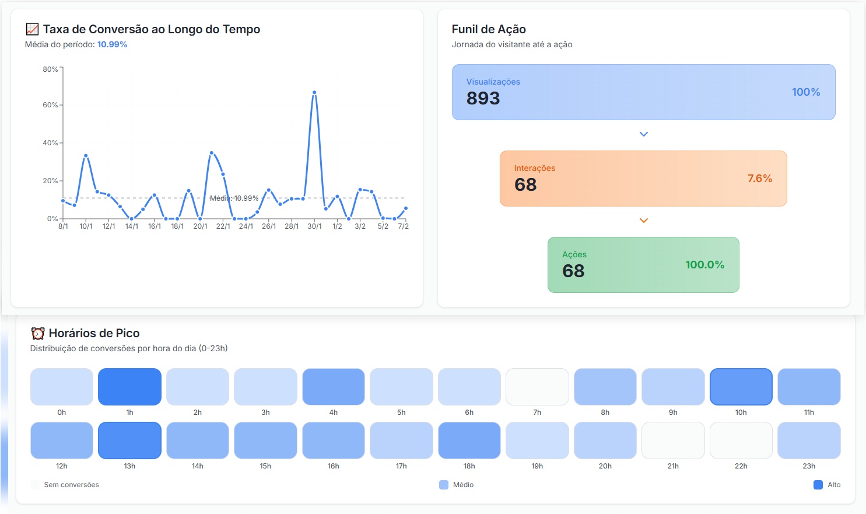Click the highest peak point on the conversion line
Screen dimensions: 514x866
pyautogui.click(x=314, y=92)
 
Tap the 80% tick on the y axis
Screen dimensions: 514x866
pyautogui.click(x=51, y=69)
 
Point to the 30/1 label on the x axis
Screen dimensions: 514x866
pyautogui.click(x=314, y=226)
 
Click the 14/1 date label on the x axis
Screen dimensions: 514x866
pyautogui.click(x=132, y=226)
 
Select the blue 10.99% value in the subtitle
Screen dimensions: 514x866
pyautogui.click(x=112, y=44)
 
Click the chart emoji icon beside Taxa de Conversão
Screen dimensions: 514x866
pyautogui.click(x=32, y=29)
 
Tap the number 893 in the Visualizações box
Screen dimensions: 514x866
pyautogui.click(x=483, y=98)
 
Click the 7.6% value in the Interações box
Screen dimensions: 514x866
pyautogui.click(x=759, y=179)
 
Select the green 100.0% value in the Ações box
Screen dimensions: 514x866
pyautogui.click(x=704, y=265)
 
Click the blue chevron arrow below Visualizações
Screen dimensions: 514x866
pyautogui.click(x=644, y=134)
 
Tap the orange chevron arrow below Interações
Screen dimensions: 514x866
pyautogui.click(x=644, y=221)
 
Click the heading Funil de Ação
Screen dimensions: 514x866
pyautogui.click(x=489, y=29)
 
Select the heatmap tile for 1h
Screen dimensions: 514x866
pyautogui.click(x=129, y=387)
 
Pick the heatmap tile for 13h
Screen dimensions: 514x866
pyautogui.click(x=129, y=440)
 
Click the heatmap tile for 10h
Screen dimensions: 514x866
pyautogui.click(x=741, y=387)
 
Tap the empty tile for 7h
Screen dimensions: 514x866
pyautogui.click(x=537, y=387)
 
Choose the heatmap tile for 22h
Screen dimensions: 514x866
pyautogui.click(x=741, y=440)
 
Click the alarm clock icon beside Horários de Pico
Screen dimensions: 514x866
pyautogui.click(x=38, y=333)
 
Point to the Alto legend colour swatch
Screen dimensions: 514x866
pyautogui.click(x=818, y=485)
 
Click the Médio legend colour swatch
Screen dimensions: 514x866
pyautogui.click(x=444, y=485)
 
